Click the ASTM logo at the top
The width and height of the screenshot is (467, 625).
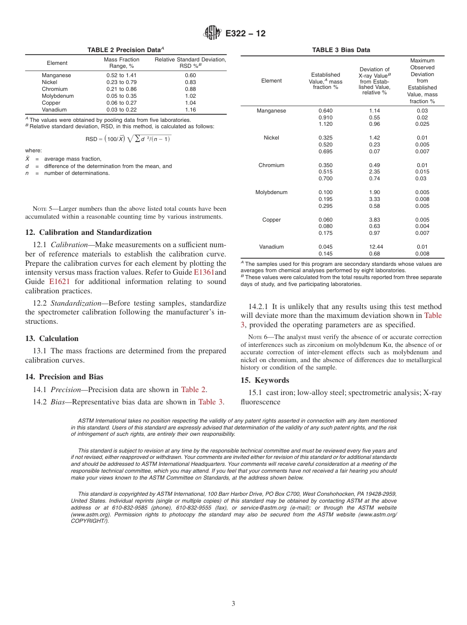coord(213,33)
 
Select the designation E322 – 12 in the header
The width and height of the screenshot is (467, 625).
coord(245,34)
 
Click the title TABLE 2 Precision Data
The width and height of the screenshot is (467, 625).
coord(125,50)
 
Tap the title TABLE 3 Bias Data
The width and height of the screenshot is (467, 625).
coord(341,50)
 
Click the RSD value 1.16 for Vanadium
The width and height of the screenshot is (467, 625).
coord(190,110)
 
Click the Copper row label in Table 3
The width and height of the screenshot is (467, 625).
coord(271,220)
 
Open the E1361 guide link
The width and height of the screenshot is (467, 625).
coord(204,272)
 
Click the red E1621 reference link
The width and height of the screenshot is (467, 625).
coord(58,282)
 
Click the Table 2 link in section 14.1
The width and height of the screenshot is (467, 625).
coord(193,390)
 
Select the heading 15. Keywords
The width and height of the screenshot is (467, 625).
coord(264,380)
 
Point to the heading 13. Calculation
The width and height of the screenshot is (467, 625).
coord(52,338)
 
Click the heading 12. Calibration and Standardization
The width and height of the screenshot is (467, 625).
coord(88,232)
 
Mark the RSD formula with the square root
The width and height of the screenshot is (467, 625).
coord(128,139)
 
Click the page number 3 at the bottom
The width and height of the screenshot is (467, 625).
coord(233,604)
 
